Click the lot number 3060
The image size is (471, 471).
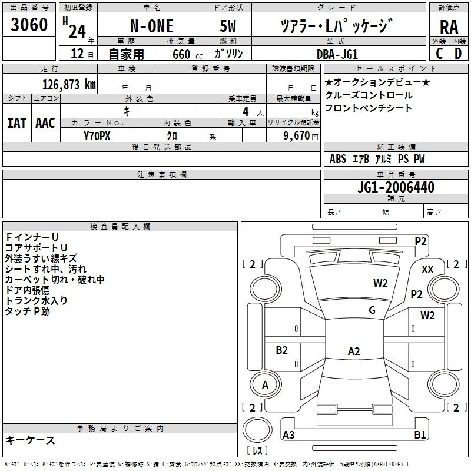pyautogui.click(x=29, y=25)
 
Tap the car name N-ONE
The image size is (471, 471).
pyautogui.click(x=152, y=26)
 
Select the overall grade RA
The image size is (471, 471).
pyautogui.click(x=449, y=27)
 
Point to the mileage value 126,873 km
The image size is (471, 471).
pyautogui.click(x=69, y=85)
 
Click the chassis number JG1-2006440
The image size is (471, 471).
pyautogui.click(x=396, y=187)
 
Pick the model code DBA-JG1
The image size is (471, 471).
pyautogui.click(x=337, y=54)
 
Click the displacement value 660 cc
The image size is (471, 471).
pyautogui.click(x=187, y=54)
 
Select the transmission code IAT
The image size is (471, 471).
pyautogui.click(x=17, y=123)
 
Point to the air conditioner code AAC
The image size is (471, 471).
pyautogui.click(x=45, y=123)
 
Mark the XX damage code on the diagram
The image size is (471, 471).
pyautogui.click(x=427, y=270)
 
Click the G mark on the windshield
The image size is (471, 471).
pyautogui.click(x=372, y=310)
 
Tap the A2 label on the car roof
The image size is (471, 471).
pyautogui.click(x=354, y=351)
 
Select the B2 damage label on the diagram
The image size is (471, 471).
pyautogui.click(x=281, y=350)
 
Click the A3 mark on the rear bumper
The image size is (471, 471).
pyautogui.click(x=288, y=434)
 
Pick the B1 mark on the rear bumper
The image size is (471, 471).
pyautogui.click(x=420, y=434)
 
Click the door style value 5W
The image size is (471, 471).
pyautogui.click(x=228, y=26)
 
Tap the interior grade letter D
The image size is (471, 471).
pyautogui.click(x=458, y=54)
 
